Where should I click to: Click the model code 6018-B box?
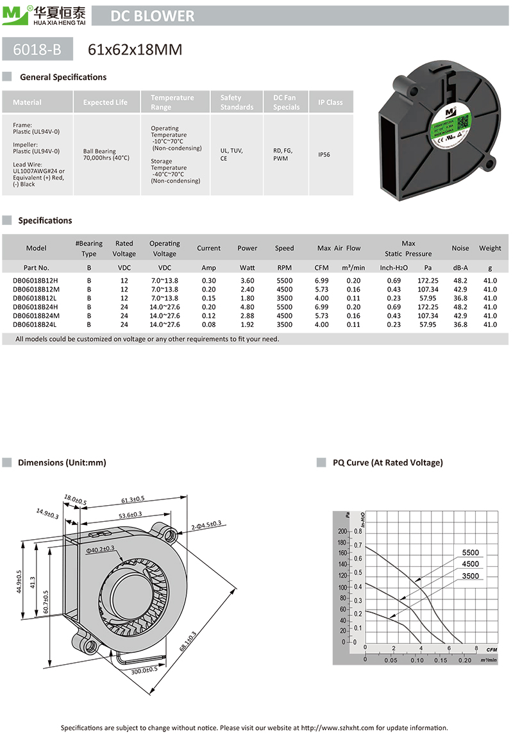(37, 49)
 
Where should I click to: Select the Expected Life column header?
(105, 103)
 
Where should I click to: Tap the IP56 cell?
(324, 154)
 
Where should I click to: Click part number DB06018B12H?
(35, 281)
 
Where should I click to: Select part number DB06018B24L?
(35, 325)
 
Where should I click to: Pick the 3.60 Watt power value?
(247, 281)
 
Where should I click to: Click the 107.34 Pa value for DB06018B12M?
(428, 290)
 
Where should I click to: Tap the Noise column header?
(460, 248)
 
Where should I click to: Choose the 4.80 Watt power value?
(247, 308)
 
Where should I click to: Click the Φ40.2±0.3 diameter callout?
(100, 549)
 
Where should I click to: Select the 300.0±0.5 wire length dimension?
(144, 671)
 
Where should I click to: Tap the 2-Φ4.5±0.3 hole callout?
(206, 525)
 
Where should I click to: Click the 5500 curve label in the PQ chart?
(470, 553)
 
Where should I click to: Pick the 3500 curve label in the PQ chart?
(470, 576)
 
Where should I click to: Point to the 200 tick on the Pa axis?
(342, 531)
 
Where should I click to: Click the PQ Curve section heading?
(387, 463)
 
